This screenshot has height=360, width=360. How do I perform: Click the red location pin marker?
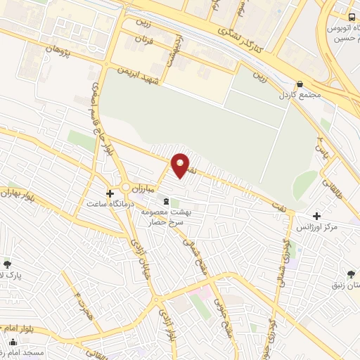[x=181, y=165]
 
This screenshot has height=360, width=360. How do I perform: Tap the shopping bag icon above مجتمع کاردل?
[x=300, y=82]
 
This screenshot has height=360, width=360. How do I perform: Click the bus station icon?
[x=352, y=16]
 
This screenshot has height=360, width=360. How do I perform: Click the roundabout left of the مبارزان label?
[x=125, y=187]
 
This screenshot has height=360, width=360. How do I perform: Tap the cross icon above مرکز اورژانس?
[x=317, y=216]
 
